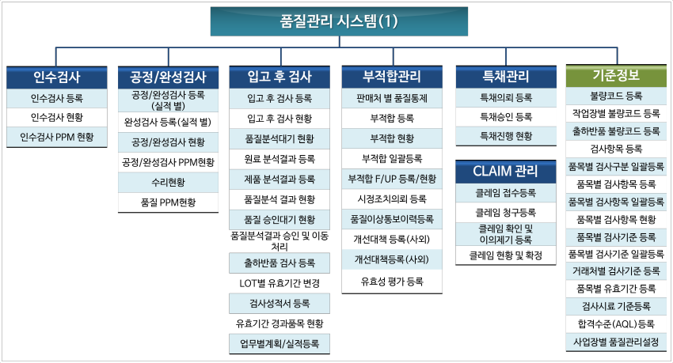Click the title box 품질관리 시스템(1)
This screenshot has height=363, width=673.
point(339,21)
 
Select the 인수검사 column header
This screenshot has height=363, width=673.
point(57,78)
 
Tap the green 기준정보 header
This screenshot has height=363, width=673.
point(616,75)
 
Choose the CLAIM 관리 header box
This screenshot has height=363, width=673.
point(506,171)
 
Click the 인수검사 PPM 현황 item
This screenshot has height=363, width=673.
point(57,137)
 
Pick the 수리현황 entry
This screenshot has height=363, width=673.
point(168,182)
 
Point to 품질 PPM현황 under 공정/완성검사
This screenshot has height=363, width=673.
point(168,202)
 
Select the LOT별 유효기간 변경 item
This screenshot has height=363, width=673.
point(279,283)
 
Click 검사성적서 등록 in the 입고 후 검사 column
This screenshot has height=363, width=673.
point(279,304)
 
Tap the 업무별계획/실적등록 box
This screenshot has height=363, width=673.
point(279,344)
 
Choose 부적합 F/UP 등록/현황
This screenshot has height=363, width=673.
point(392,179)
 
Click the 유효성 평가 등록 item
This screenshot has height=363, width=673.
point(392,282)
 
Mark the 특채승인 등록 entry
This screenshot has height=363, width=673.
point(506,117)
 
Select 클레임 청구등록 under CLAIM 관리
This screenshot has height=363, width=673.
point(506,213)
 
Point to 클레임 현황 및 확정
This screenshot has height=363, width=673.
point(506,255)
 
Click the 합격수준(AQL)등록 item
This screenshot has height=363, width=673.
point(616,324)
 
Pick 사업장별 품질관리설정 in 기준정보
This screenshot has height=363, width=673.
point(616,342)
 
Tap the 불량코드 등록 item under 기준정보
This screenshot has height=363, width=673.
point(616,96)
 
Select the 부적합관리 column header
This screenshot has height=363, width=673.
point(392,77)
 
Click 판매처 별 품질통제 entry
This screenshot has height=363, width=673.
point(392,98)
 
